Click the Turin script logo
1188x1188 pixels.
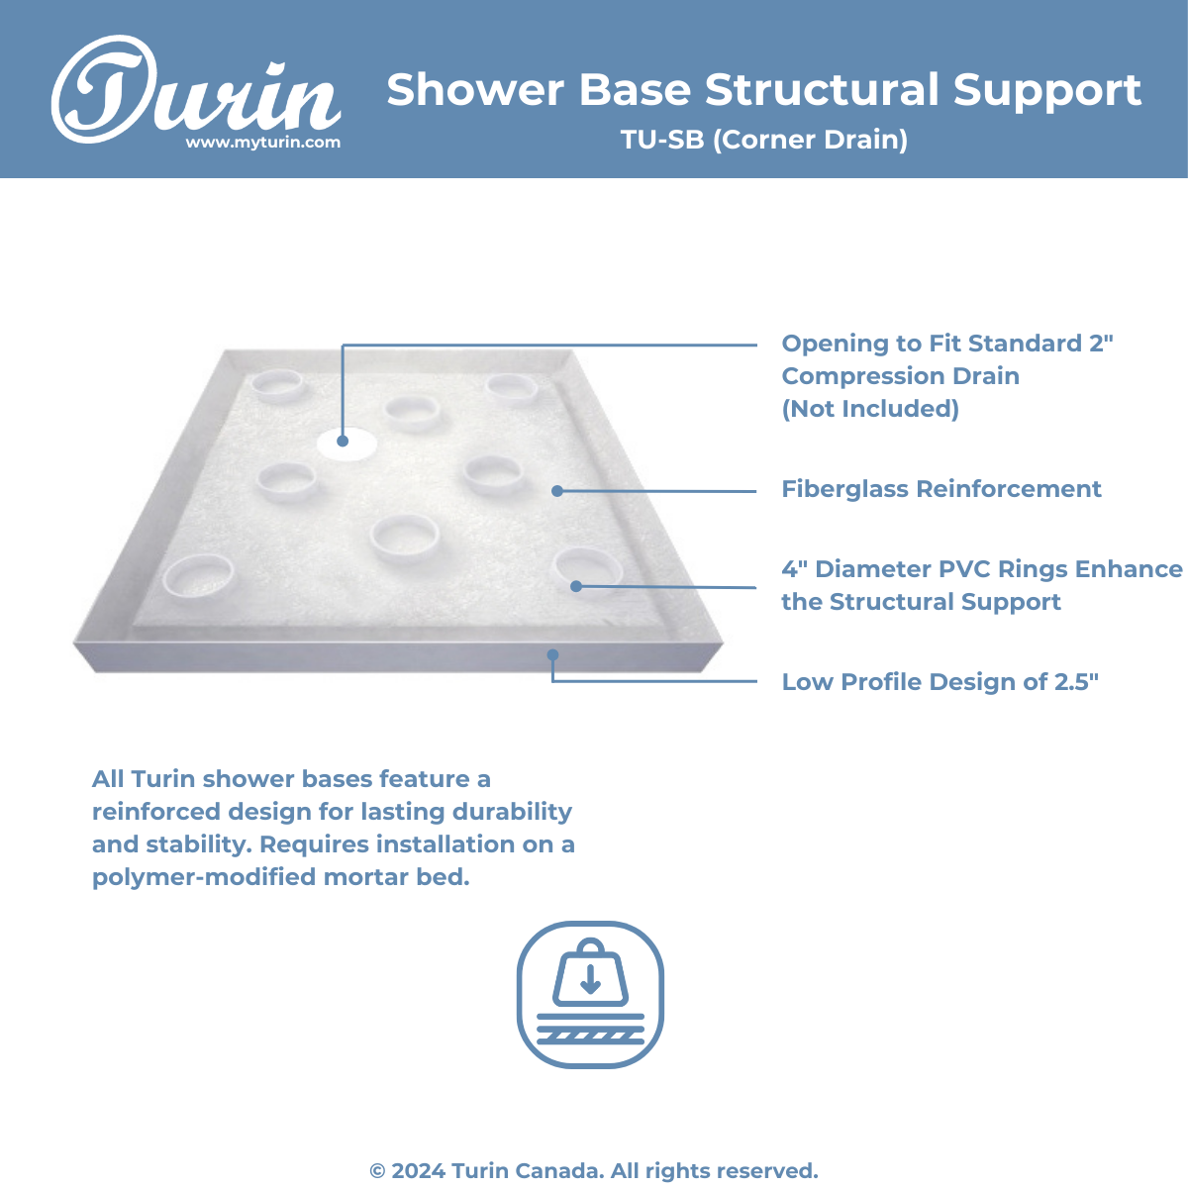(195, 89)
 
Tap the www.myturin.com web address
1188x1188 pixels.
(263, 143)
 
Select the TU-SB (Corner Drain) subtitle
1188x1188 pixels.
(764, 140)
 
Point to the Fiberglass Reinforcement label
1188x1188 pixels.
(941, 489)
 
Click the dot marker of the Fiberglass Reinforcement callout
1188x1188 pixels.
(557, 491)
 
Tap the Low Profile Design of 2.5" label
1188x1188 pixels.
(940, 682)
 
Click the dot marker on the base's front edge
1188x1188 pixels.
(553, 654)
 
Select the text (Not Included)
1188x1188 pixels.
(870, 409)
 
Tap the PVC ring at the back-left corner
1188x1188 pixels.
(277, 385)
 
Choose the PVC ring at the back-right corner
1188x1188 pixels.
(511, 389)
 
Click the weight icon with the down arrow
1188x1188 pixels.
(591, 995)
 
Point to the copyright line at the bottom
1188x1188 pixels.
(594, 1171)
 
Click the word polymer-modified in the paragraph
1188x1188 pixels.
(205, 877)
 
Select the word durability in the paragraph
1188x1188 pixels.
(512, 812)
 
